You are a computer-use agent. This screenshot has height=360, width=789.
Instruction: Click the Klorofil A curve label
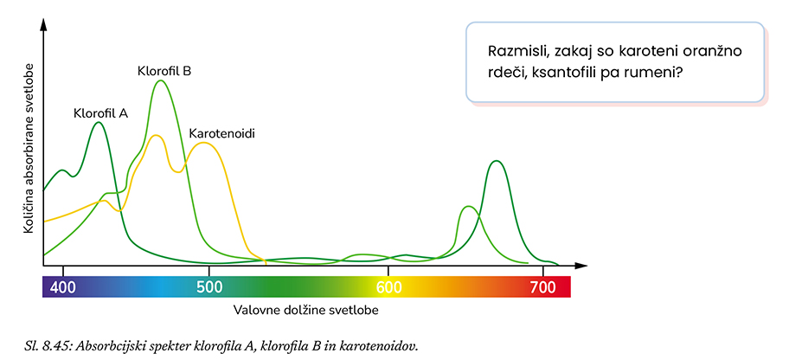point(101,112)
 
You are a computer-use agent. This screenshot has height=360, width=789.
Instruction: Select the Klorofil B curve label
point(164,70)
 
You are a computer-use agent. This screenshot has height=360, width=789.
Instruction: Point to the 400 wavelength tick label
point(62,287)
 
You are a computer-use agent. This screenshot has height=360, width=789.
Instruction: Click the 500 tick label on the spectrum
point(208,287)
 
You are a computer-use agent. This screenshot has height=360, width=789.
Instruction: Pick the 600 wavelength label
point(389,287)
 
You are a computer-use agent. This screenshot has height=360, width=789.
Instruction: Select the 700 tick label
point(542,287)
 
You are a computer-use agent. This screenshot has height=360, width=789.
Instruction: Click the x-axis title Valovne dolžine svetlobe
point(305,309)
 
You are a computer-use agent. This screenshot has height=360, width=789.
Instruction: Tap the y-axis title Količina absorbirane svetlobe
point(29,148)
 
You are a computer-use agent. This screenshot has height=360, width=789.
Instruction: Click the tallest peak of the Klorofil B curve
point(160,80)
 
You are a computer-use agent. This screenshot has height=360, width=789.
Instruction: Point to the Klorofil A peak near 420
point(98,123)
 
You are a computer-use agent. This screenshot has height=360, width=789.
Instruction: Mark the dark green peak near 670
point(495,161)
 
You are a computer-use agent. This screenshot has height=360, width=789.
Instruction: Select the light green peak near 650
point(467,207)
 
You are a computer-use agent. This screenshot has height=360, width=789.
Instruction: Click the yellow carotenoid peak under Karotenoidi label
point(203,143)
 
